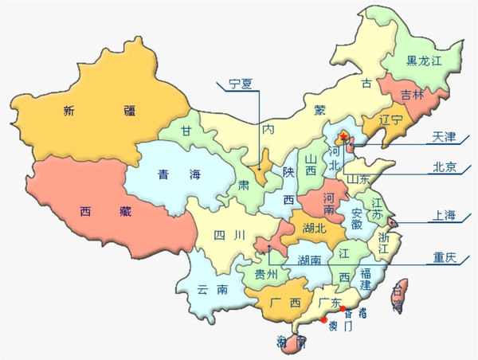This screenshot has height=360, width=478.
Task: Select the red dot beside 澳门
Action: click(x=324, y=321)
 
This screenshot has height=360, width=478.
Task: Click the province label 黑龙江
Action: click(x=423, y=61)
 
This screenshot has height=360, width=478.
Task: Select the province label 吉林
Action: click(x=412, y=94)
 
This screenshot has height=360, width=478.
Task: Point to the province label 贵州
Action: click(x=265, y=274)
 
